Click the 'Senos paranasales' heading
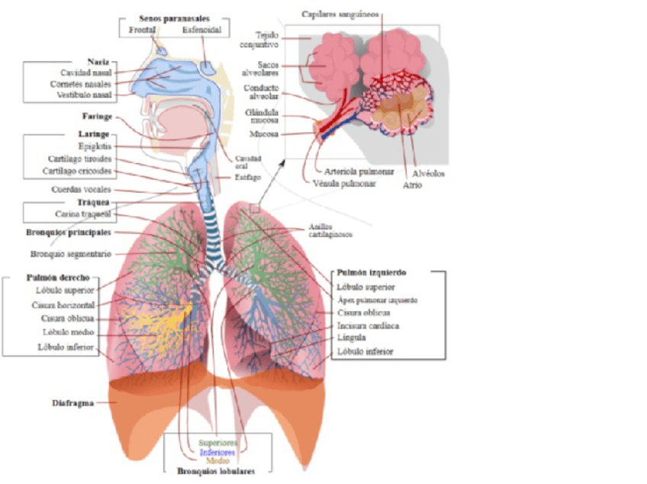tap(174, 18)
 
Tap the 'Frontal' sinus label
tap(143, 30)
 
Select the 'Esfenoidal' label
tap(202, 30)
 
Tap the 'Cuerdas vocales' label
tap(80, 189)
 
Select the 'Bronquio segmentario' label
tap(72, 253)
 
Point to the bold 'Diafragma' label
tap(73, 403)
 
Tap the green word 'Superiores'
tap(217, 442)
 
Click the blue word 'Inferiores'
tap(217, 451)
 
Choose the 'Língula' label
tap(352, 337)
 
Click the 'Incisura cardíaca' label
tap(369, 325)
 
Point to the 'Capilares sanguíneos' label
tap(340, 14)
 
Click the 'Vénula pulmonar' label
tap(343, 183)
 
